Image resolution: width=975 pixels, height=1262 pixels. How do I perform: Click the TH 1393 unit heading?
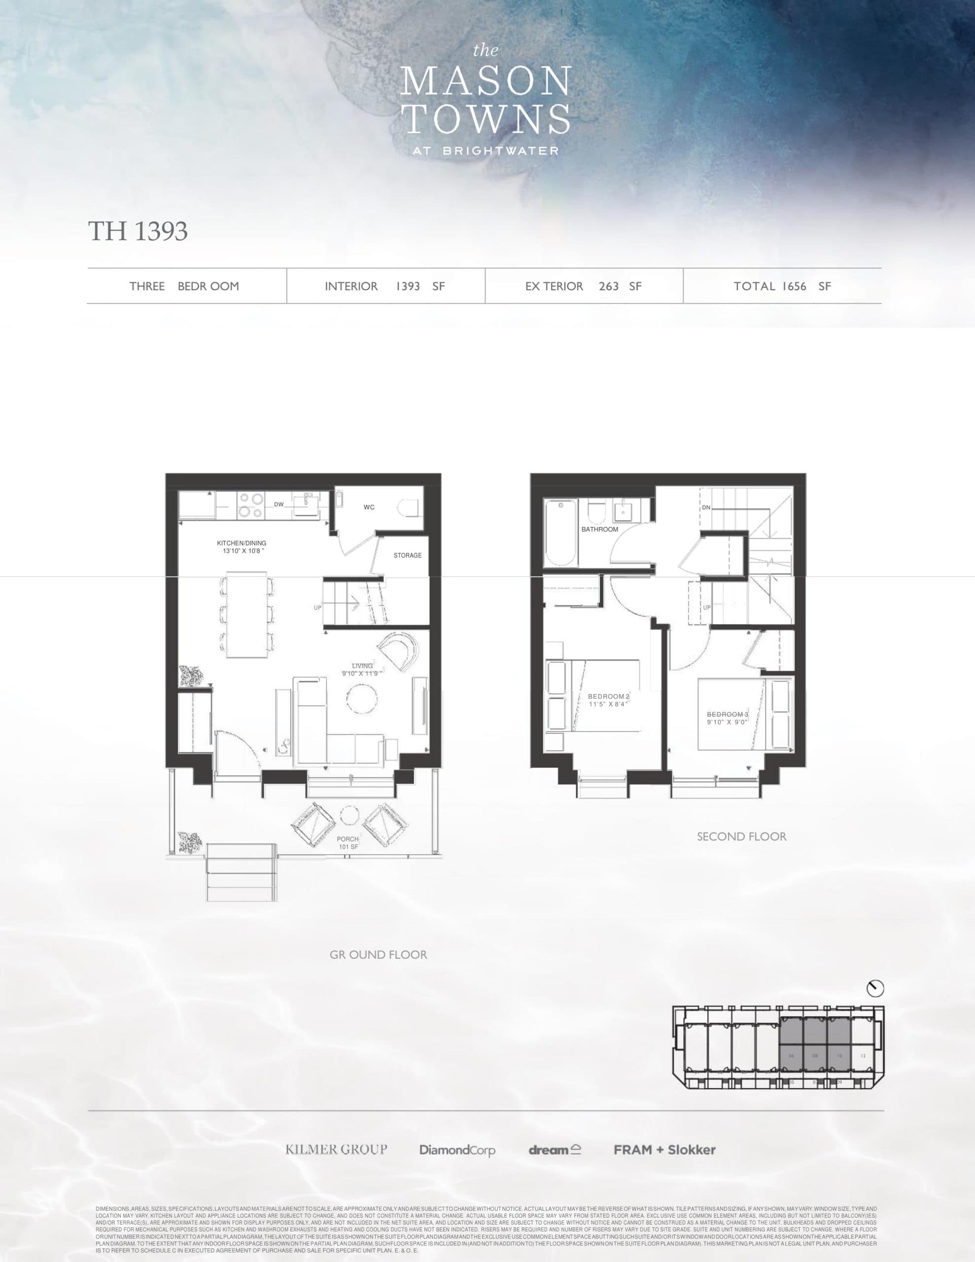point(138,231)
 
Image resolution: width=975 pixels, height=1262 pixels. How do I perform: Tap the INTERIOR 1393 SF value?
point(384,286)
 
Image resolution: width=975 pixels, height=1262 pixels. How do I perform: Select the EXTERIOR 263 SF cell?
point(583,286)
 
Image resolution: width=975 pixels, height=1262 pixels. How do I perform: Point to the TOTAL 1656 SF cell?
point(782,286)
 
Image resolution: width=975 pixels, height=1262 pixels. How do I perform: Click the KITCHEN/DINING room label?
point(242,547)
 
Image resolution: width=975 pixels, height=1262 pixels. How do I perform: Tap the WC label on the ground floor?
point(369,507)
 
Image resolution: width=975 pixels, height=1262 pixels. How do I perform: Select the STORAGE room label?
point(408,555)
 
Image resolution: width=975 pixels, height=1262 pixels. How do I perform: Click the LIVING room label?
point(362,669)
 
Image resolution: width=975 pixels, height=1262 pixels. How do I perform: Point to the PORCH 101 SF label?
point(348,842)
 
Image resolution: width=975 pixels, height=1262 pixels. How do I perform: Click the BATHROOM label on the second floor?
point(599,529)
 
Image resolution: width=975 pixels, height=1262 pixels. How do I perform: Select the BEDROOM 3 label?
point(727,718)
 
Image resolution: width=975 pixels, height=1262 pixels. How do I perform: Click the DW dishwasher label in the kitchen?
point(279,504)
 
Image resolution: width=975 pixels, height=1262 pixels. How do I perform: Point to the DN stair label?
point(706,507)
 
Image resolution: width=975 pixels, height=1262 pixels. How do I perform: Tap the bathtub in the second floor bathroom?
point(561,533)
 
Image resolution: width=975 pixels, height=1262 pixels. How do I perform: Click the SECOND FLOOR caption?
point(741,836)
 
